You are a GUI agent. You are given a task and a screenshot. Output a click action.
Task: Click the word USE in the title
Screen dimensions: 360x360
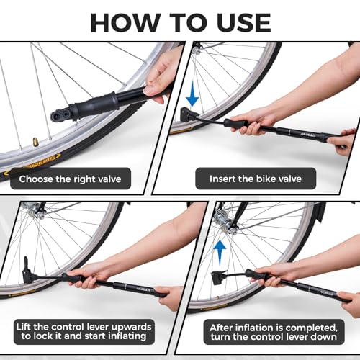237,21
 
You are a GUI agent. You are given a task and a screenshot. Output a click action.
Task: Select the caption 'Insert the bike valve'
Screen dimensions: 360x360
255,179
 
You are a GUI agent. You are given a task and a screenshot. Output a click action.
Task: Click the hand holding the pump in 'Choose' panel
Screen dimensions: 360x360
161,76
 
